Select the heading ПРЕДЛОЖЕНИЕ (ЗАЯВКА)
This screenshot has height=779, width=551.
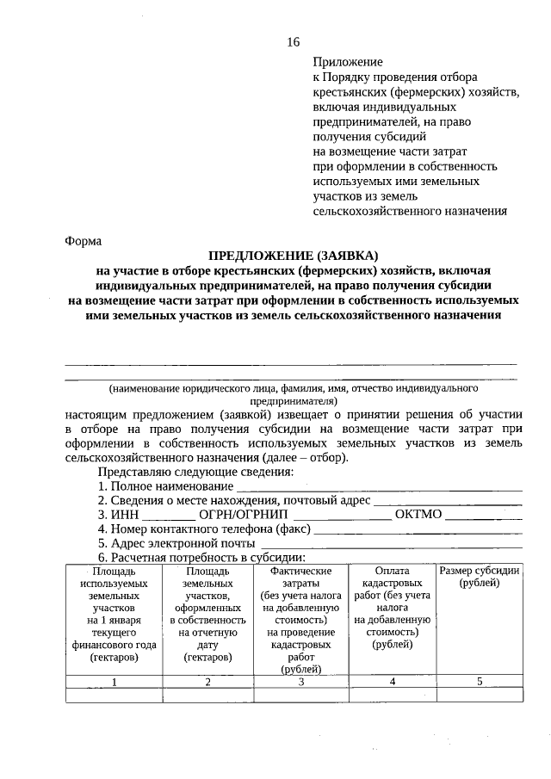pyautogui.click(x=294, y=256)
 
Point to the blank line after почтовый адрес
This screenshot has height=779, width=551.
pyautogui.click(x=448, y=501)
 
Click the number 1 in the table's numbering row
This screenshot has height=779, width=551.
pyautogui.click(x=114, y=682)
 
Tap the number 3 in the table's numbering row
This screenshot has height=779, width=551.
pyautogui.click(x=300, y=682)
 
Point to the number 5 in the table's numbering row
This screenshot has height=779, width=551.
pyautogui.click(x=479, y=682)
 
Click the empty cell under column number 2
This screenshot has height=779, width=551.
pyautogui.click(x=207, y=696)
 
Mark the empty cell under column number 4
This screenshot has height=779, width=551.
pyautogui.click(x=392, y=696)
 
